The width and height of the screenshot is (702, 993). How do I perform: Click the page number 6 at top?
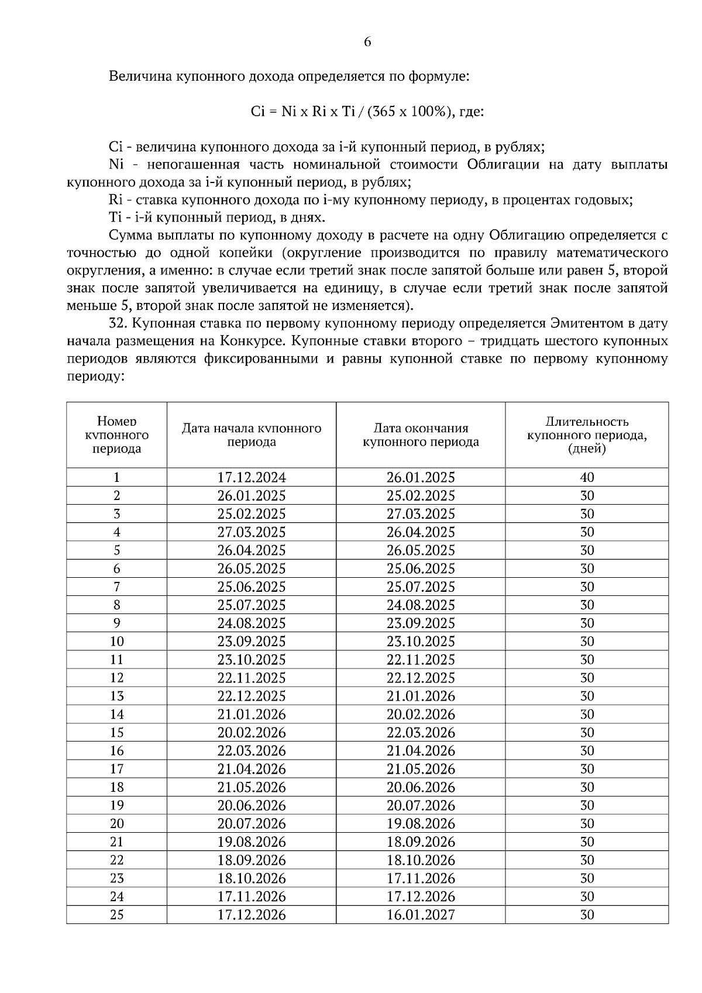367,42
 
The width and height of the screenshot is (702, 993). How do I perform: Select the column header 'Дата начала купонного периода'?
252,435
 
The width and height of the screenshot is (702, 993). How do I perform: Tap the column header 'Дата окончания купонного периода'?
421,435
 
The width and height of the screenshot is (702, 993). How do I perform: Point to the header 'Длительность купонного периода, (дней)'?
587,435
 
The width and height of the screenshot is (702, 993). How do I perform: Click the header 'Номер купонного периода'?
117,435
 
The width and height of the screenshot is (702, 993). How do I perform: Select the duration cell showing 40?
587,477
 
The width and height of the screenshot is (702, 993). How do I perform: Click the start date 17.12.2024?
252,477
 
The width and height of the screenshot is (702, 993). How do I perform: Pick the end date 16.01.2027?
421,915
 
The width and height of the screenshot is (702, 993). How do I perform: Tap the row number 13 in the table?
117,696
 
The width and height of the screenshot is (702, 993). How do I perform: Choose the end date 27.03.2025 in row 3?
421,513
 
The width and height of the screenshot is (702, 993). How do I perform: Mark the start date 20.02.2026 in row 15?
252,732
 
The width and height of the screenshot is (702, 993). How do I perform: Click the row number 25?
117,915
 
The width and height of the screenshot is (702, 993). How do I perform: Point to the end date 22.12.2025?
421,678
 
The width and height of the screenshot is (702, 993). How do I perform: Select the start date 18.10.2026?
252,878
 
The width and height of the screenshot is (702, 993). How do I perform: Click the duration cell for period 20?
587,823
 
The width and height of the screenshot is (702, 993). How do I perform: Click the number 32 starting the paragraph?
118,323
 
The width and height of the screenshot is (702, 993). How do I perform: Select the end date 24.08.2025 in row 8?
421,605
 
